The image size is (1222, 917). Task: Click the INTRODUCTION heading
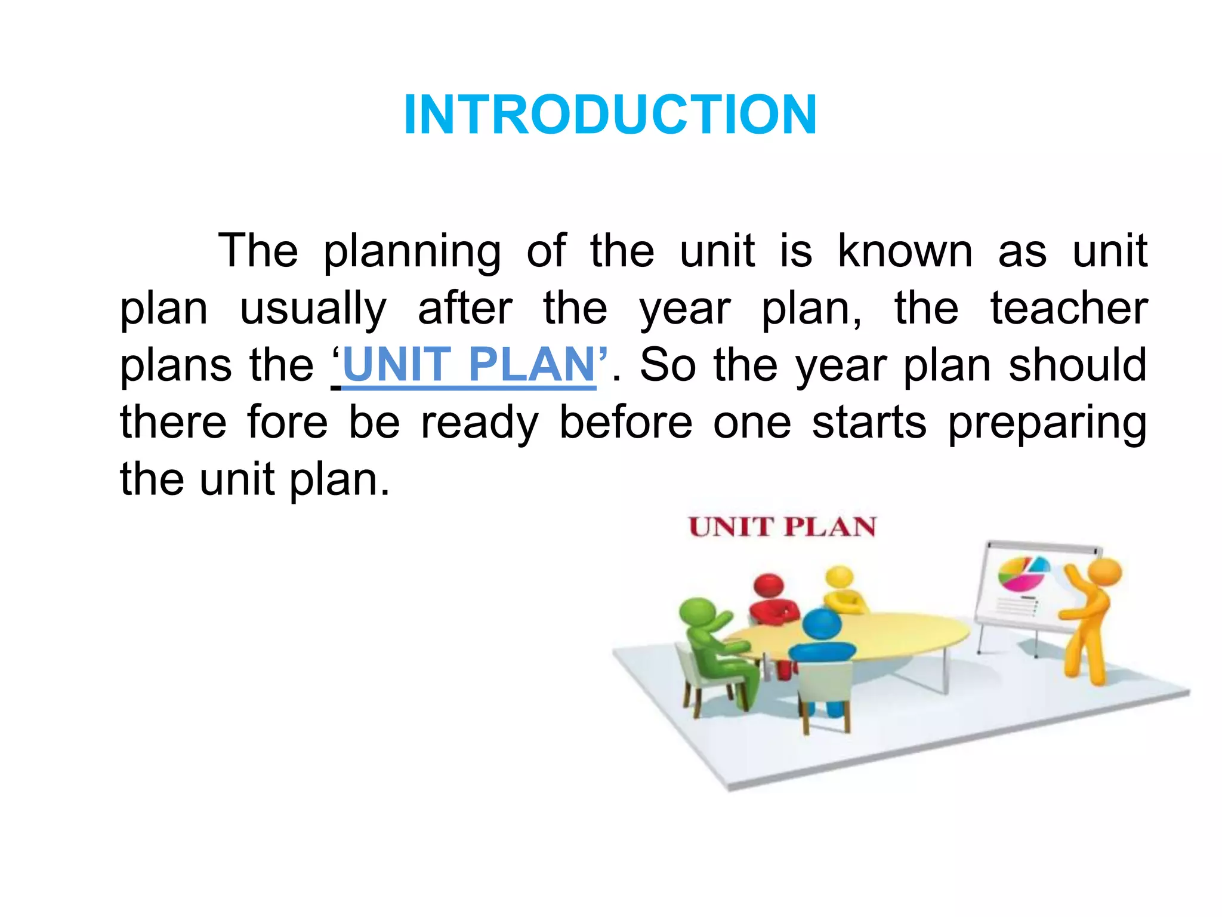point(610,115)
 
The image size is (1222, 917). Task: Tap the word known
point(905,251)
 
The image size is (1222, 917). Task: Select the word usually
point(313,309)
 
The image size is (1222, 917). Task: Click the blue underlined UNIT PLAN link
point(469,365)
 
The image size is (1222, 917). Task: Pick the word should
point(1078,365)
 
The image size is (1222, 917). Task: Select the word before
point(625,423)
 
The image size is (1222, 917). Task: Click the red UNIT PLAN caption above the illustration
point(782,527)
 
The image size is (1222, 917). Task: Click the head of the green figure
point(697,612)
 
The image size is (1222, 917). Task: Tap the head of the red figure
point(769,586)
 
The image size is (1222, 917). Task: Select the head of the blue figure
point(822,624)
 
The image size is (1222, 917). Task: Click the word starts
point(869,423)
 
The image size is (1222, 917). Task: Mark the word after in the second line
point(464,309)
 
